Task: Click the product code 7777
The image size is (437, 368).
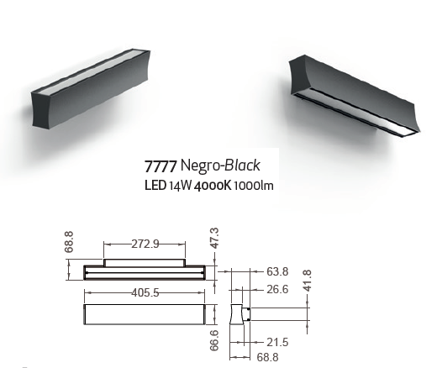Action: [x=161, y=166]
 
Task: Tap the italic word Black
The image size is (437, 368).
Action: [x=242, y=165]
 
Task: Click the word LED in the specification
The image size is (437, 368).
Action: [x=155, y=186]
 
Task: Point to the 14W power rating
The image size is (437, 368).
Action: [x=180, y=186]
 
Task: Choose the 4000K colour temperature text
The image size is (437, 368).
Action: [x=213, y=186]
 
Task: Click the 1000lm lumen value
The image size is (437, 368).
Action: [x=254, y=186]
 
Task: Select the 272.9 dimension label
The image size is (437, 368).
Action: [x=145, y=244]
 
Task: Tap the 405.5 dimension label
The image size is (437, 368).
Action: [x=145, y=292]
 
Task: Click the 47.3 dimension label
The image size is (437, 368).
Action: [x=214, y=238]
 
